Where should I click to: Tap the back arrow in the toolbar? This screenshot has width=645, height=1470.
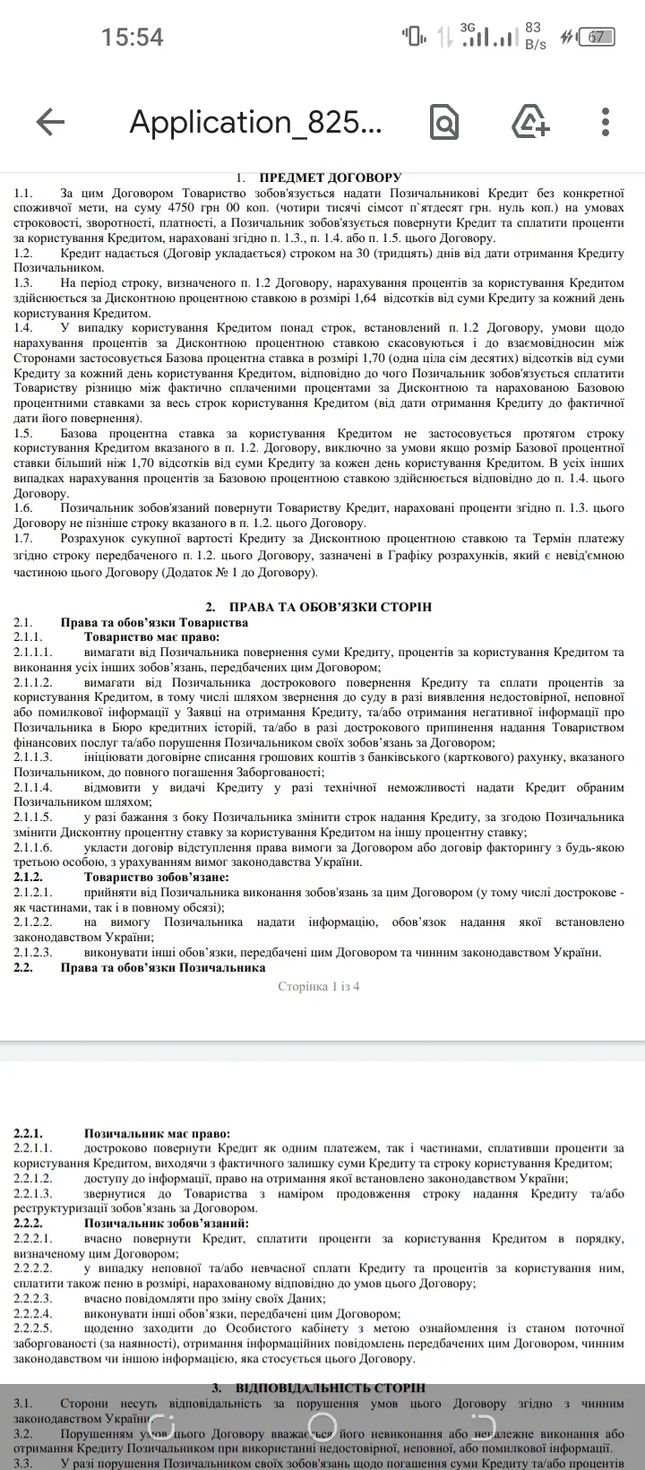point(51,122)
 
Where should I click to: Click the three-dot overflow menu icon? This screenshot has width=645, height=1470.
point(606,122)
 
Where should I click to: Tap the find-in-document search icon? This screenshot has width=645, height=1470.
point(444,122)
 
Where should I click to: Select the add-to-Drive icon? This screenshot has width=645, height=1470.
point(530,122)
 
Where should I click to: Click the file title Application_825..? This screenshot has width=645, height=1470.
point(256,122)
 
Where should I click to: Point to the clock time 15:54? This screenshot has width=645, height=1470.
point(133,37)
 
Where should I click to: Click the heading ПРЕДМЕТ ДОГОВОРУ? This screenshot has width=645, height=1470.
point(331,177)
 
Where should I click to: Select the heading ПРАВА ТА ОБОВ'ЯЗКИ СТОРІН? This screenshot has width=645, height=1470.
point(331,607)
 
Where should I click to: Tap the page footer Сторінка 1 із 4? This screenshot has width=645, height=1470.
point(319,987)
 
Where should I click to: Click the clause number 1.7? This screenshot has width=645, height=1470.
point(23,539)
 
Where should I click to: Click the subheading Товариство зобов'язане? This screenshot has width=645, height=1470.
point(157,877)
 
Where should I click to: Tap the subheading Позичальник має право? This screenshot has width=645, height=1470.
point(157,1134)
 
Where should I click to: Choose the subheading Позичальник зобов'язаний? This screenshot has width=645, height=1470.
point(167,1224)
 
